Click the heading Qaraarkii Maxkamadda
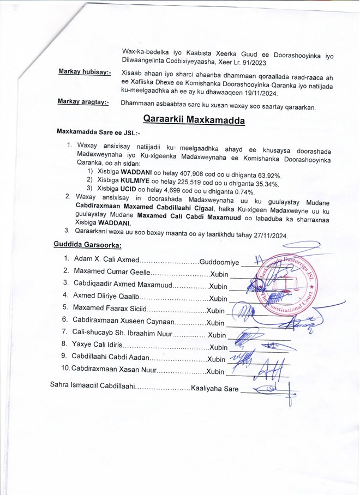pos(194,119)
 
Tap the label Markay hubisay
pos(85,72)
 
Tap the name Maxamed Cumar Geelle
pos(110,271)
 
